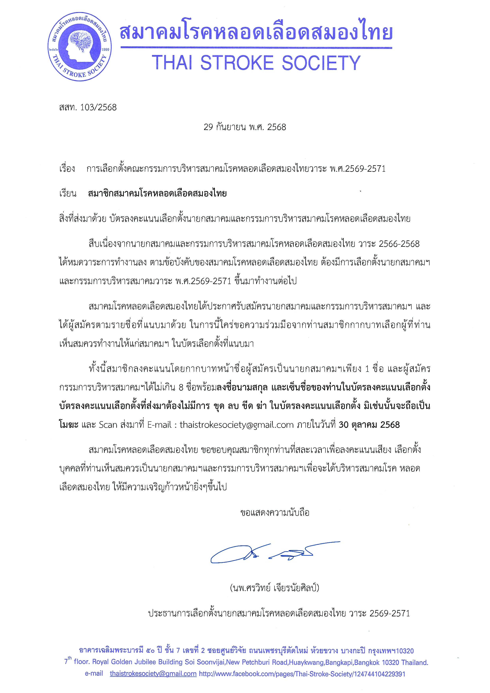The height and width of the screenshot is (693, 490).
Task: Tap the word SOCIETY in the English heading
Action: [x=321, y=63]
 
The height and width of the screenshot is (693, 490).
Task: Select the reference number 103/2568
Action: [x=98, y=107]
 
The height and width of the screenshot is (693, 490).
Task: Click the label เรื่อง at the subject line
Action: [x=67, y=169]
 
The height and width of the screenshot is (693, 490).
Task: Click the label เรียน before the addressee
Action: [x=68, y=193]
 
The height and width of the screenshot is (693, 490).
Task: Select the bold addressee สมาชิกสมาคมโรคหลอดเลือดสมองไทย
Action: [x=157, y=193]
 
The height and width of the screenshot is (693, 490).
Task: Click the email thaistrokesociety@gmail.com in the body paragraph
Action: [x=237, y=425]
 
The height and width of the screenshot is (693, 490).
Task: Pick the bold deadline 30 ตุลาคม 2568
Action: [x=369, y=425]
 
